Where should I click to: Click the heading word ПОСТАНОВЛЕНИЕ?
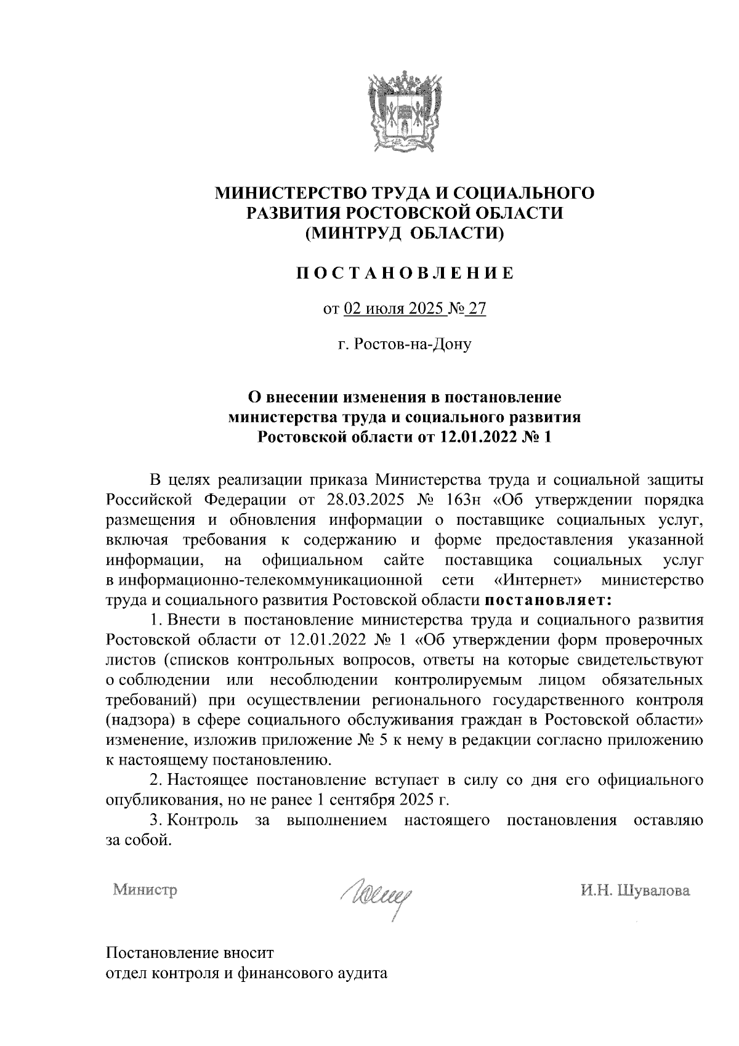(x=404, y=273)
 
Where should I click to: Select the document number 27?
(x=477, y=309)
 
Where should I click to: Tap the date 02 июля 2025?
(x=394, y=309)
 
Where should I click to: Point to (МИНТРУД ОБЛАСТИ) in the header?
(x=405, y=233)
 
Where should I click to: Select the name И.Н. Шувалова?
(x=634, y=890)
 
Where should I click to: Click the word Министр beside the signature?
(x=145, y=890)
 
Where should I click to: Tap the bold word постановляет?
(x=549, y=599)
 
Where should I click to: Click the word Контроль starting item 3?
(x=203, y=820)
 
